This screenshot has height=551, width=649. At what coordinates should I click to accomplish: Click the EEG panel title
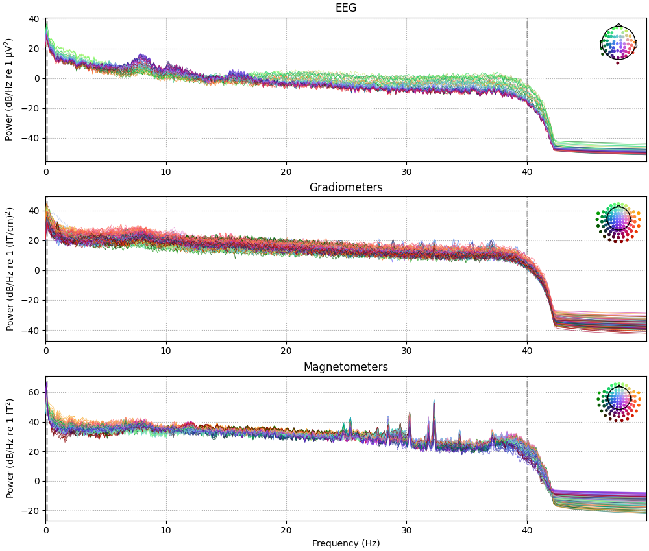point(345,8)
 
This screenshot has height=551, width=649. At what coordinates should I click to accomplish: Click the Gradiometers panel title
point(345,187)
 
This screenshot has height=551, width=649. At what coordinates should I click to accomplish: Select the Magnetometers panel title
point(345,367)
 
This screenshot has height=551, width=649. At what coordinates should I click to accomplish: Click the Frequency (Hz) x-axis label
point(345,543)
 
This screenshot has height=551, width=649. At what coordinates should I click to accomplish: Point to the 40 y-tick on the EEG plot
point(34,19)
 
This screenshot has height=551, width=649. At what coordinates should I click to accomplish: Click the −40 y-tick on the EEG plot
point(31,138)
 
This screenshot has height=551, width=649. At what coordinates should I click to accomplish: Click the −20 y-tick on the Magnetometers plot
point(31,511)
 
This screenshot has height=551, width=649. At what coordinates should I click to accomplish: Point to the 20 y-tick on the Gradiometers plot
point(34,240)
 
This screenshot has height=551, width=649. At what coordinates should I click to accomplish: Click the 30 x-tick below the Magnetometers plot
point(406,529)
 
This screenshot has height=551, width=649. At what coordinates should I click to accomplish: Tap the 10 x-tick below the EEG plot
point(166,170)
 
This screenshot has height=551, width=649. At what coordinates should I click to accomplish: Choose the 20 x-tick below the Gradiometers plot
point(286,350)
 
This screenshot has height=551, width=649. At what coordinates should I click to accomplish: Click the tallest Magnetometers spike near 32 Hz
point(434,403)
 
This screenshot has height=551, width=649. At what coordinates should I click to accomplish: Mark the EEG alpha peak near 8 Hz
point(141,56)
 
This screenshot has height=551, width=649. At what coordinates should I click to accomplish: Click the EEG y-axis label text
point(10,89)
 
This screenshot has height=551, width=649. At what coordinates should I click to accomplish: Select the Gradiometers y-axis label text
point(10,268)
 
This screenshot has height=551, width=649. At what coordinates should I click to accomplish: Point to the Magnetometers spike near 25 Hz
point(350,420)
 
